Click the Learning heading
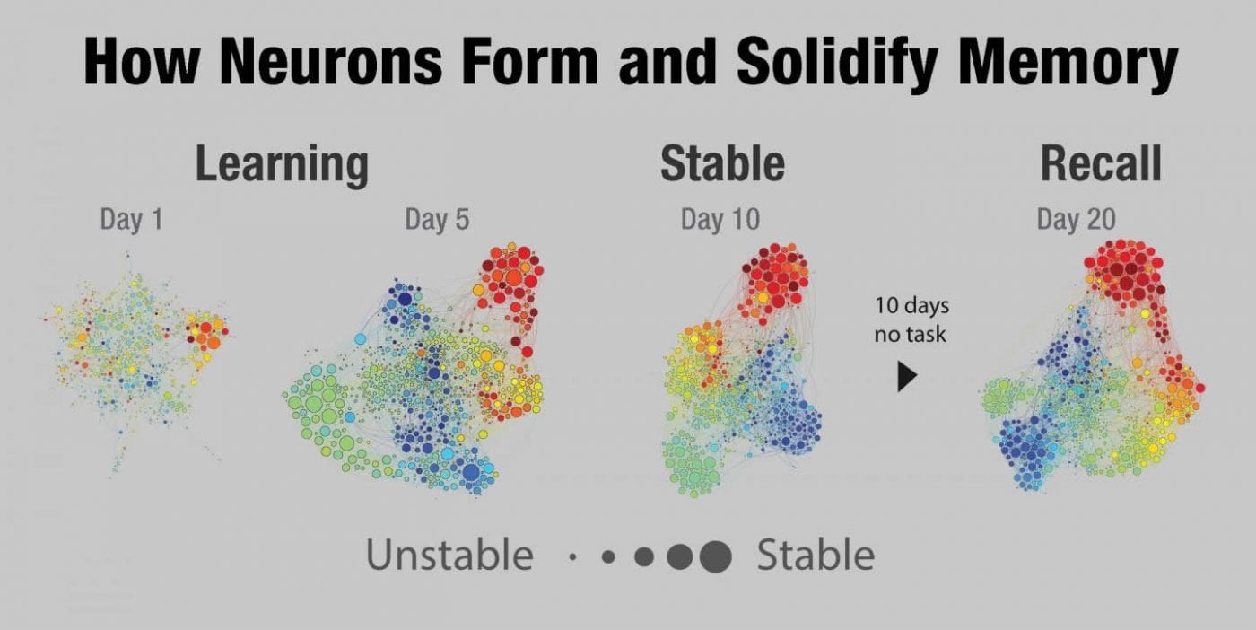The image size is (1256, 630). click(282, 164)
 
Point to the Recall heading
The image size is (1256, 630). click(1101, 164)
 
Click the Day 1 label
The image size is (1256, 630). click(131, 220)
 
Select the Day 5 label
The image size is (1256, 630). click(437, 220)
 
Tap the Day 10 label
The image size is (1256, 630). click(720, 220)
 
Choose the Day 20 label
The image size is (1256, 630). click(1076, 220)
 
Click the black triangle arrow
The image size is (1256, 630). click(907, 377)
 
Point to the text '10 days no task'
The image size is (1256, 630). click(911, 320)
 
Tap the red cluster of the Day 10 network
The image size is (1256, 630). click(772, 278)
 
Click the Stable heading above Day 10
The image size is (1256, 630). click(722, 164)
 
